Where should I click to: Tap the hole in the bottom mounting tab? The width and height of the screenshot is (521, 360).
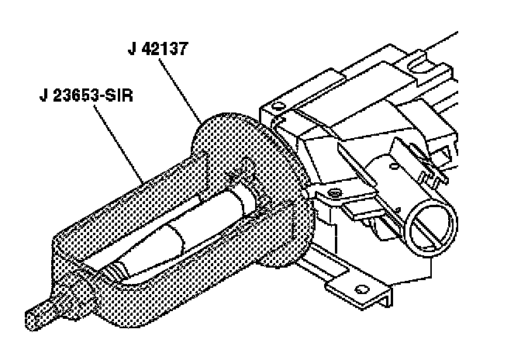(359, 291)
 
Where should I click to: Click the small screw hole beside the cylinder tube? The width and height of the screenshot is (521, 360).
(333, 191)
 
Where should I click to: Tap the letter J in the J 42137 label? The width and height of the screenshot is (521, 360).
(132, 47)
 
